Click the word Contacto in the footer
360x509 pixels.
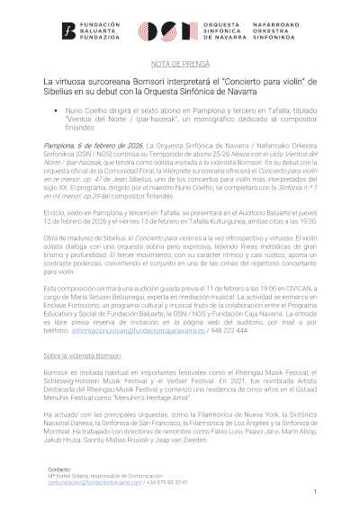58,469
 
